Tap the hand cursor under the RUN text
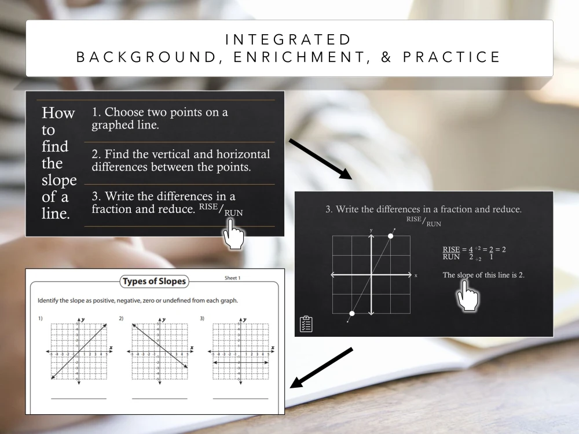pyautogui.click(x=234, y=236)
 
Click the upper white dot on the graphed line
pyautogui.click(x=390, y=236)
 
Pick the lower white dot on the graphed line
pyautogui.click(x=351, y=313)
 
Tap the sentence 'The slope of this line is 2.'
pyautogui.click(x=483, y=275)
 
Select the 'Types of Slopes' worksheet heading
pyautogui.click(x=153, y=282)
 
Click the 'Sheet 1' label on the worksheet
pyautogui.click(x=232, y=278)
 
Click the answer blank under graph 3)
pyautogui.click(x=240, y=398)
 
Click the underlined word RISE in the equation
pyautogui.click(x=451, y=249)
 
